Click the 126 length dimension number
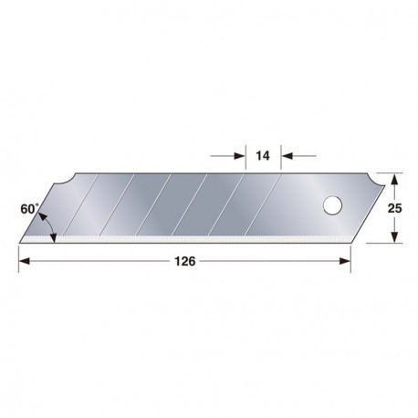(x=185, y=261)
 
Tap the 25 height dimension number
(x=394, y=208)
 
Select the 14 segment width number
(x=263, y=156)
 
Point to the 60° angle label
(x=29, y=209)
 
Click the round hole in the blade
(x=332, y=205)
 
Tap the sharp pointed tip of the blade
(x=20, y=243)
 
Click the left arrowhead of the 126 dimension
(x=25, y=261)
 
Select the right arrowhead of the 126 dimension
(x=345, y=261)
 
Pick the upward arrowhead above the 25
(x=394, y=179)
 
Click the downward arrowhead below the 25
(x=394, y=237)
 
